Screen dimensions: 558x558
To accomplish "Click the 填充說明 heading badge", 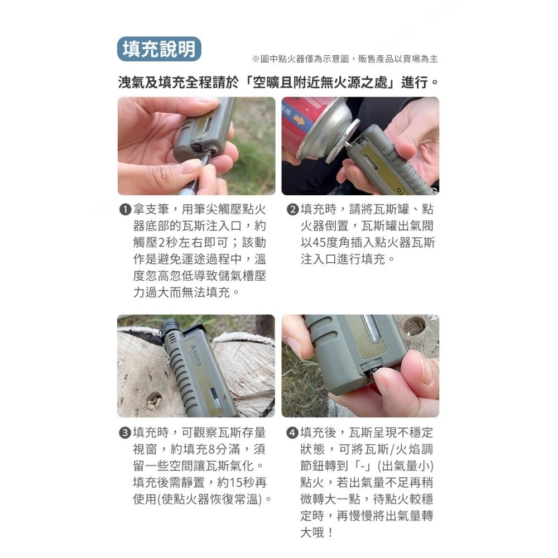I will [159, 50].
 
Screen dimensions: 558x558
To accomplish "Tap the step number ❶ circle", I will [125, 210].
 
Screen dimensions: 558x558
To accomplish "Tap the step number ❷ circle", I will [292, 210].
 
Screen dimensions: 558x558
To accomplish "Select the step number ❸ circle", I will [125, 433].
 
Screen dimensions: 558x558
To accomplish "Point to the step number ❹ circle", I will [292, 433].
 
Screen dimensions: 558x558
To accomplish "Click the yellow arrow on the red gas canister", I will [300, 119].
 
